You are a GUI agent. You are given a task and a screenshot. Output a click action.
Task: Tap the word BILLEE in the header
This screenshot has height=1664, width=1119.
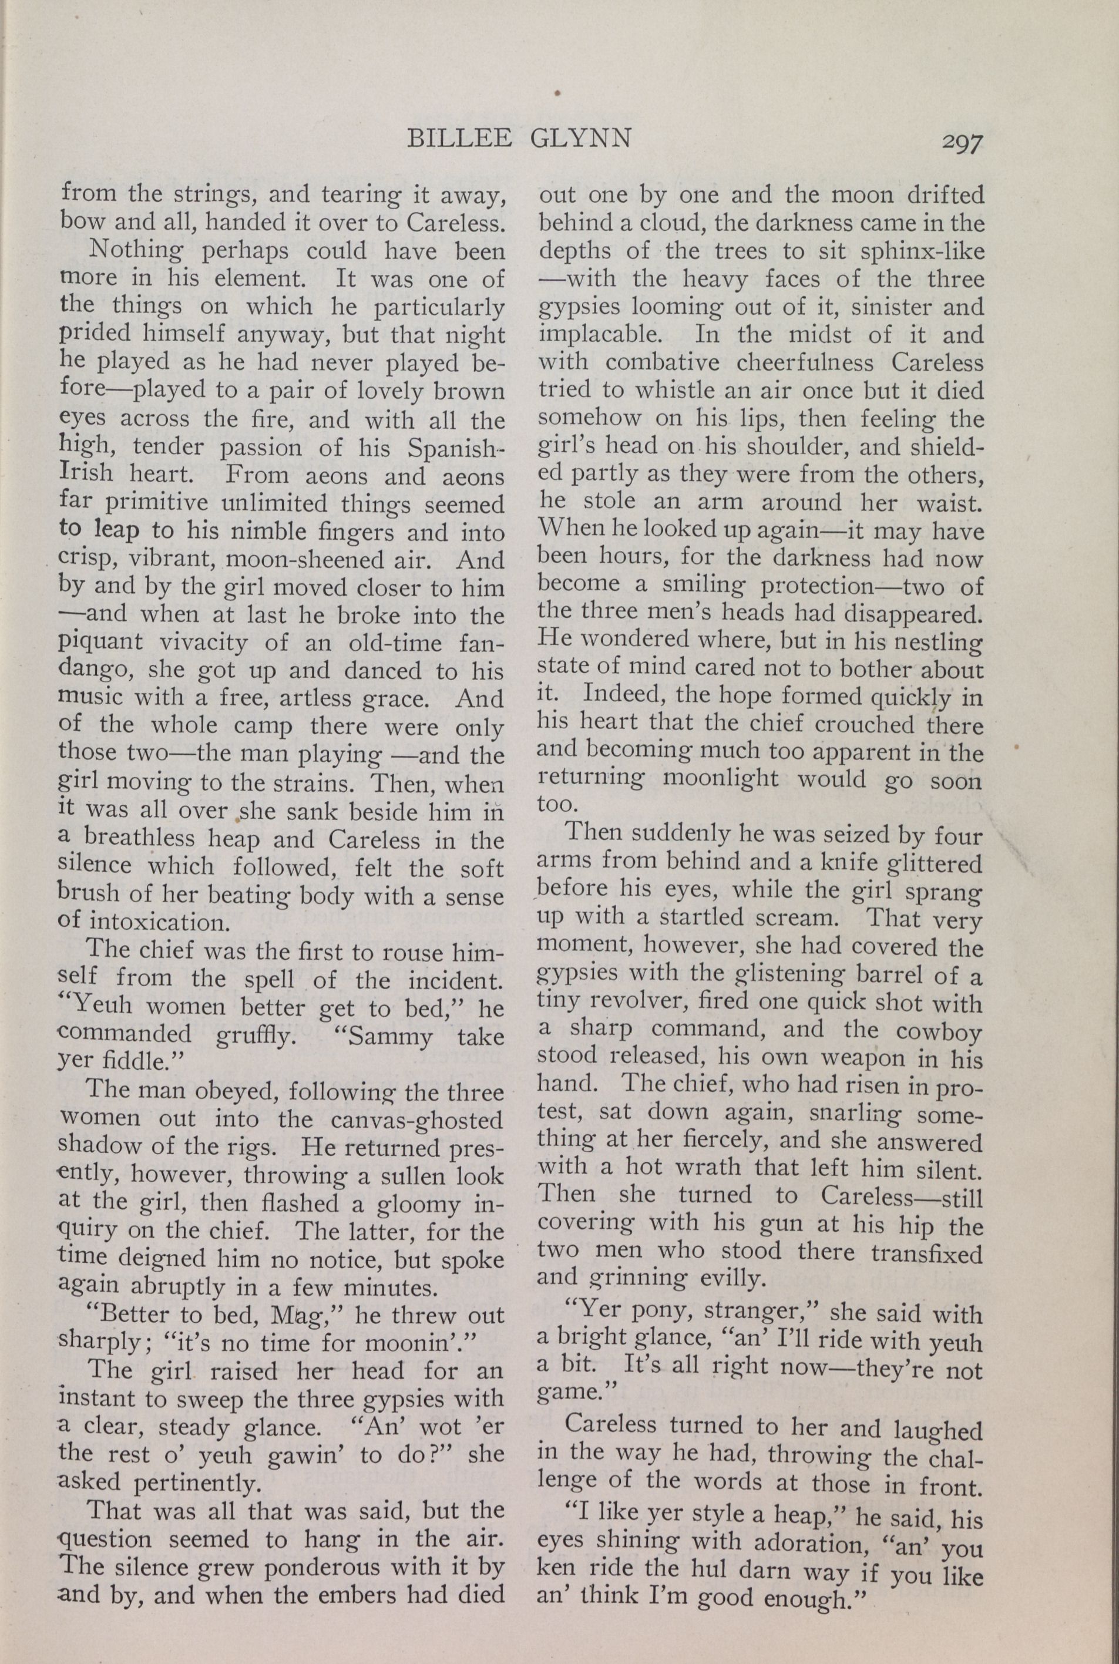[x=459, y=137]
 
